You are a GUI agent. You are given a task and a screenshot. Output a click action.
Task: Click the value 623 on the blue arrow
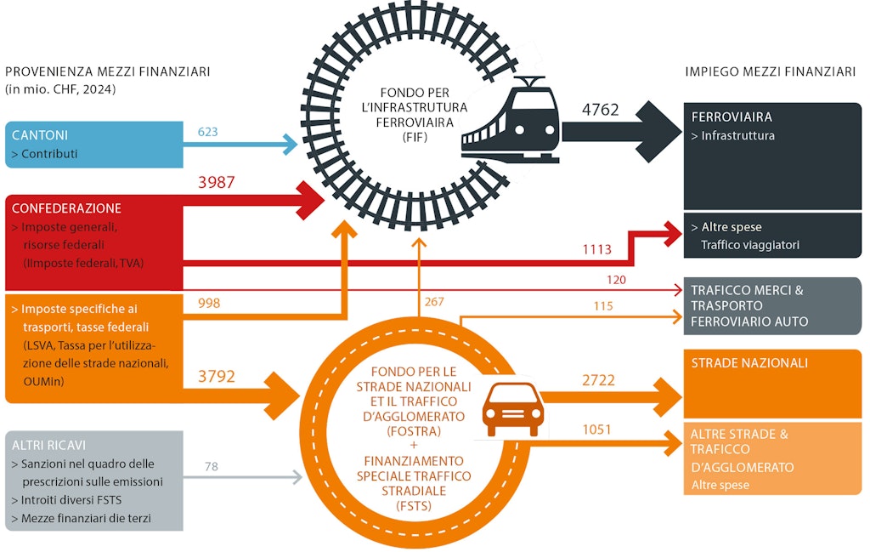(x=208, y=132)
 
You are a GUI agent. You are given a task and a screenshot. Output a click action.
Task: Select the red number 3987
(x=216, y=183)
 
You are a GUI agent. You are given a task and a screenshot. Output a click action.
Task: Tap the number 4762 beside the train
(x=600, y=111)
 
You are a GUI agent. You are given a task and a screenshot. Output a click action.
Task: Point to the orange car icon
(x=513, y=408)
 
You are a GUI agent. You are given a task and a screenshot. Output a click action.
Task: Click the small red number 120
(x=617, y=279)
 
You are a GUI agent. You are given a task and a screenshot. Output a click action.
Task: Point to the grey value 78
(x=212, y=466)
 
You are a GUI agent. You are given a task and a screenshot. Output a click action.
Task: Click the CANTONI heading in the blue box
(x=40, y=136)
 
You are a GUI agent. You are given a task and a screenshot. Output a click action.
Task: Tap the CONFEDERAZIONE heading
(x=66, y=208)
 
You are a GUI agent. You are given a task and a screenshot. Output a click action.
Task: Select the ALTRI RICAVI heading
(x=49, y=445)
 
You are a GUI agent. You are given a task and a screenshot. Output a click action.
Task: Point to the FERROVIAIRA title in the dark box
(x=732, y=117)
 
